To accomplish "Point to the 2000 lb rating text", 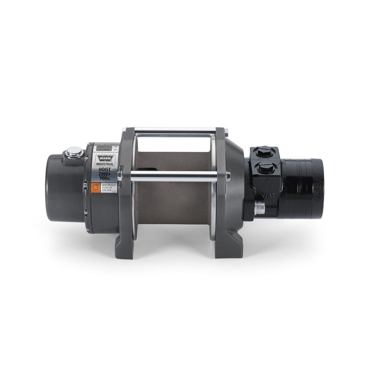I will point(104,173).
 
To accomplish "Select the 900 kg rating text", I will point(104,179).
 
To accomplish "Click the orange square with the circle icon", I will point(95,188).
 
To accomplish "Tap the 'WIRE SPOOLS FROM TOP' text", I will point(107,187).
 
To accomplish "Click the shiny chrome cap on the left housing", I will point(74,151).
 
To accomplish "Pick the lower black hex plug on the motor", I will point(266,168).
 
